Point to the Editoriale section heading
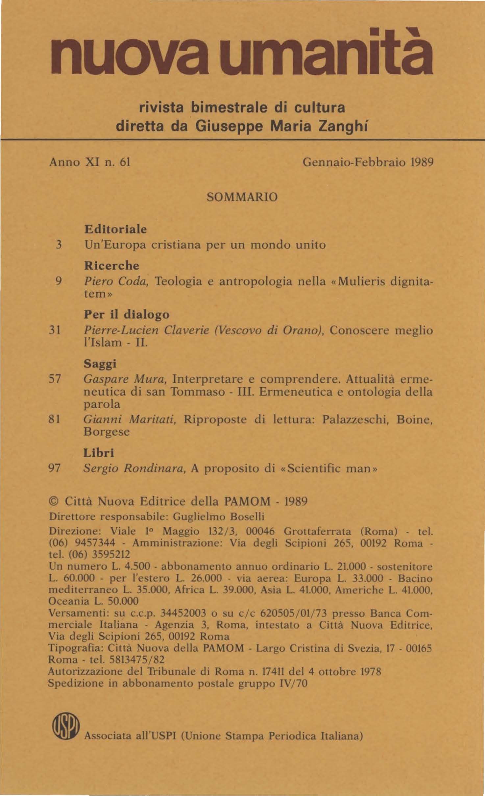[115, 229]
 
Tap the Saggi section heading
[100, 364]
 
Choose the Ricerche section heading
[111, 265]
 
